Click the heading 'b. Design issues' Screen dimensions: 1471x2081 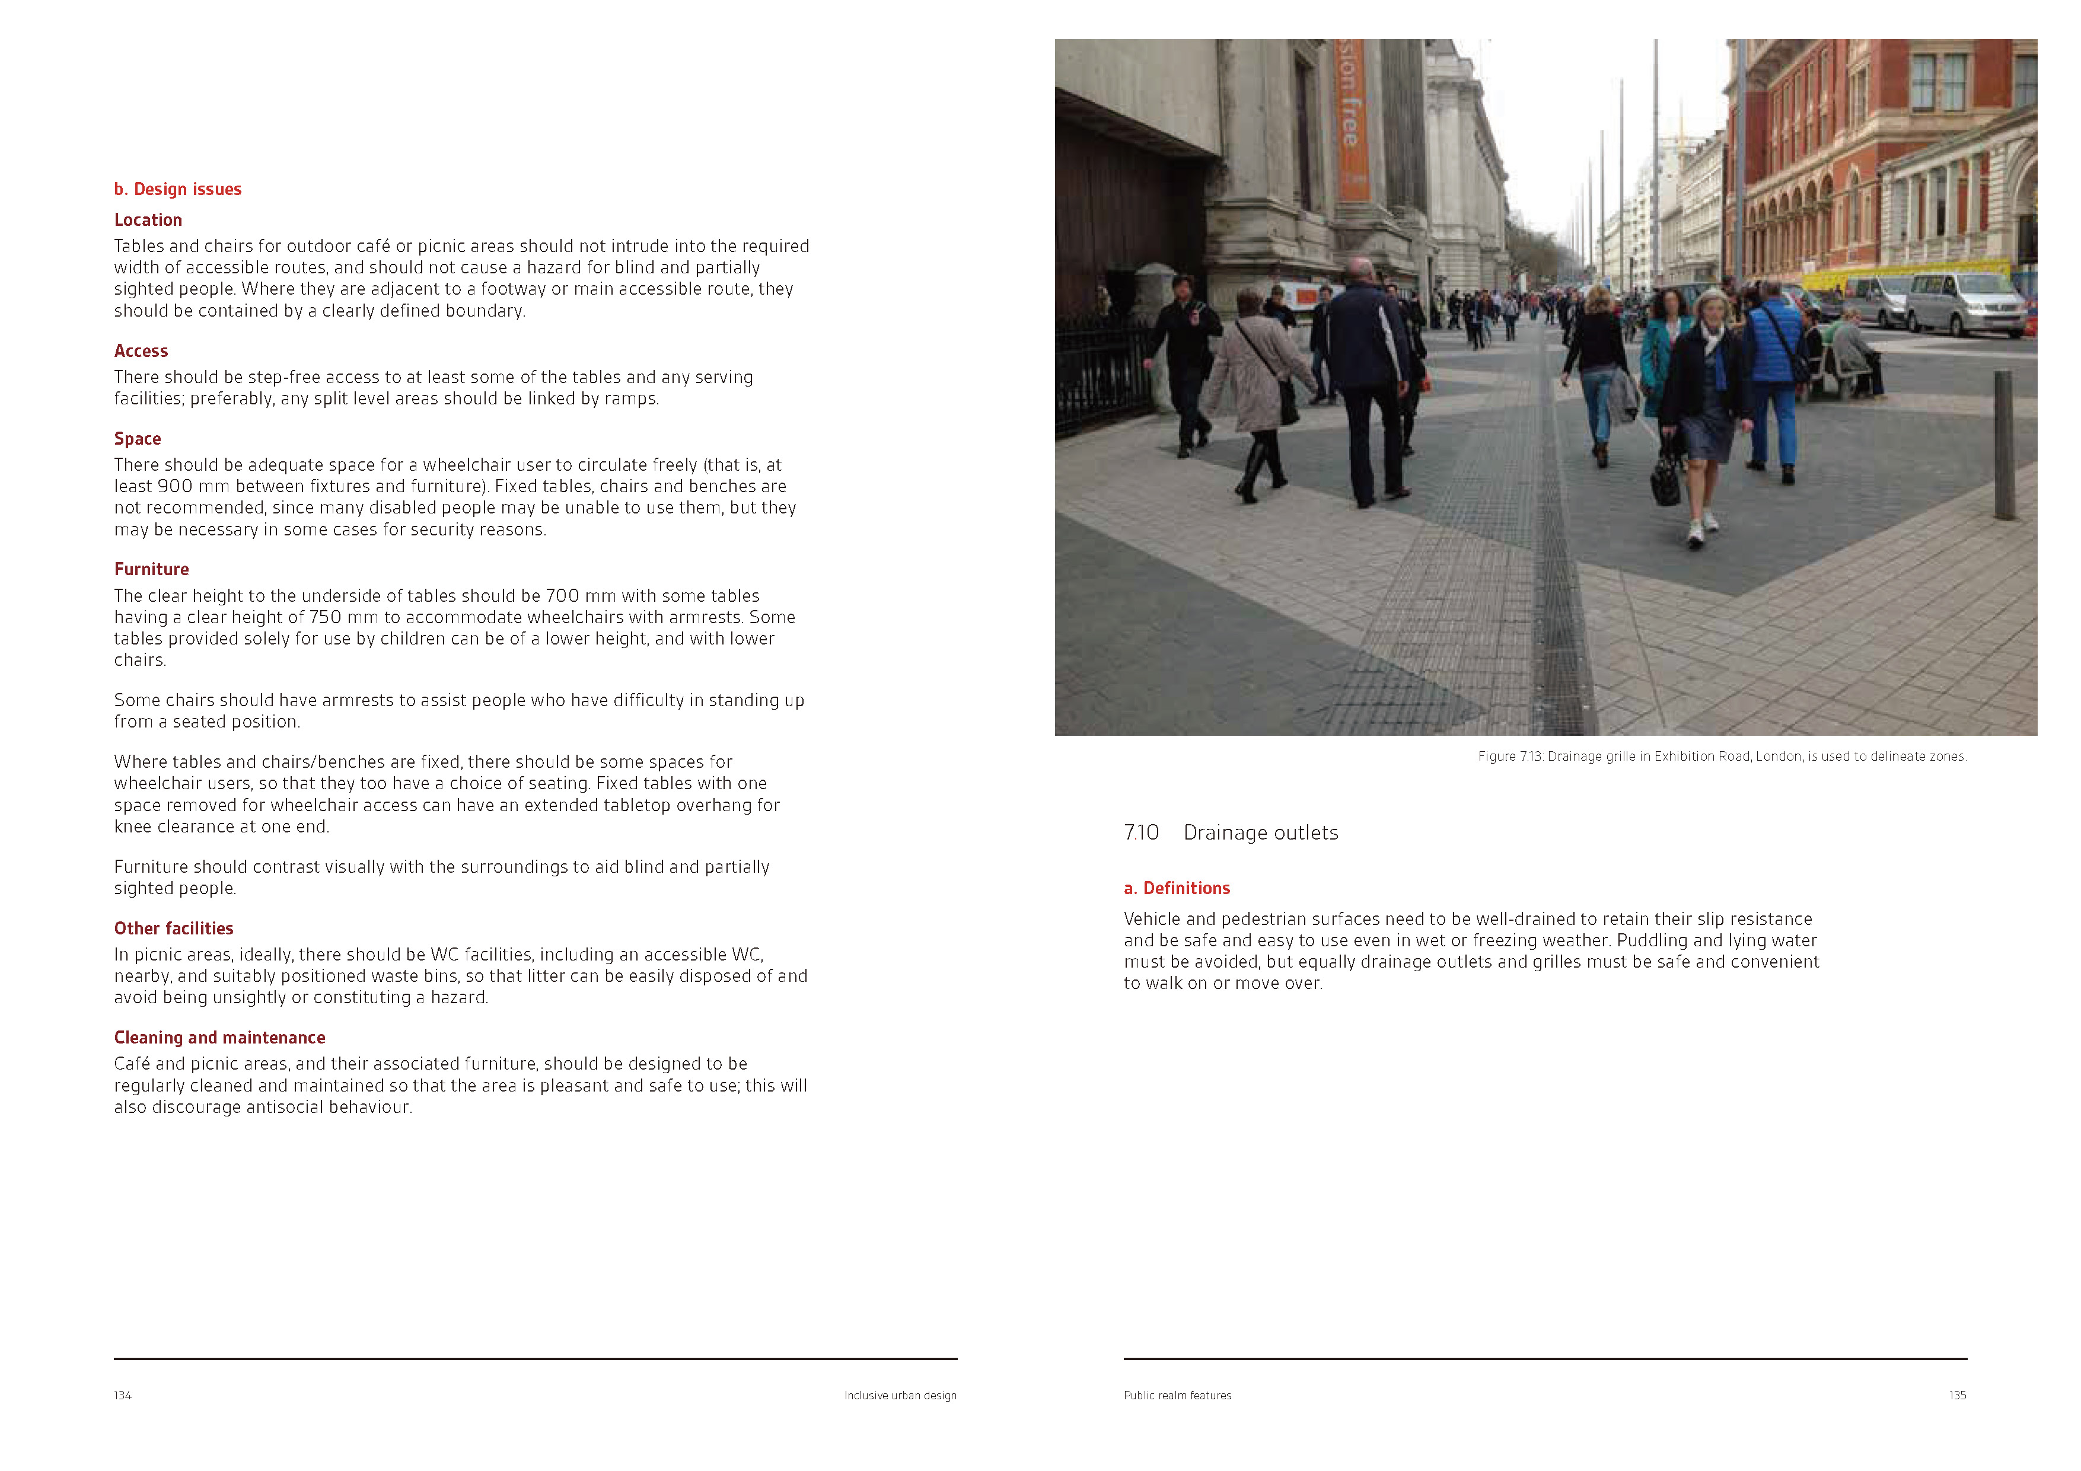point(178,189)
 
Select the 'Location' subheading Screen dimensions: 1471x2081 point(148,220)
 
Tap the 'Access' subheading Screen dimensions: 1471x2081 point(141,351)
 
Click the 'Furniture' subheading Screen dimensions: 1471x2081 point(151,569)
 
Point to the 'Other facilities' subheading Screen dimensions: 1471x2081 point(173,928)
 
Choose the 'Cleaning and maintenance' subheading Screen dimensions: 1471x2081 point(219,1038)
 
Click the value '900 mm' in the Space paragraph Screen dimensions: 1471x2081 point(193,487)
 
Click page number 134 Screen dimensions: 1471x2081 point(122,1396)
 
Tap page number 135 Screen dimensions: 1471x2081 point(1957,1396)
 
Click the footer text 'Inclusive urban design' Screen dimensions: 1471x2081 point(900,1396)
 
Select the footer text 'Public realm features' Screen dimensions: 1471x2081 point(1177,1396)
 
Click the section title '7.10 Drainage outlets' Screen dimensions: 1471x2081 point(1231,833)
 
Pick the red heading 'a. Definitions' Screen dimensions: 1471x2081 point(1177,888)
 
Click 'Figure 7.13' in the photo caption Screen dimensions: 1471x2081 point(1509,757)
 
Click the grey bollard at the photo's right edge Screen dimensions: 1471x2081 point(2004,444)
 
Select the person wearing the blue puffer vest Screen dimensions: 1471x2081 point(1774,362)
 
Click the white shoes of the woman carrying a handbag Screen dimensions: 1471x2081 point(1702,530)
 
